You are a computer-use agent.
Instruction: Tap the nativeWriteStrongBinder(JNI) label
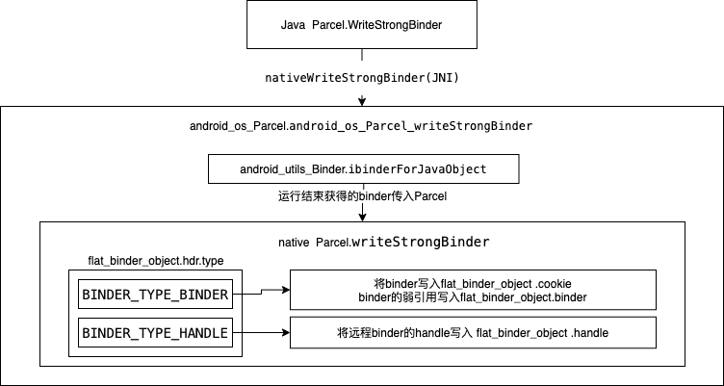click(361, 77)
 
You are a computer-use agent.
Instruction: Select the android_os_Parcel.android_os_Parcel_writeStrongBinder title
click(362, 126)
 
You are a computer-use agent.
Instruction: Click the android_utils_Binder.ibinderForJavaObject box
click(362, 169)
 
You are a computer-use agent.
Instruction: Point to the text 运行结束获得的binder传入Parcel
click(362, 196)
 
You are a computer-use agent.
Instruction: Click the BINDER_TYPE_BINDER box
click(155, 295)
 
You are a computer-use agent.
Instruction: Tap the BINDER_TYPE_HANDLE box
click(155, 333)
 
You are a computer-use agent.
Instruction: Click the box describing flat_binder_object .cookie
click(473, 291)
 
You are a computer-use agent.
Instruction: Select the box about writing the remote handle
click(473, 333)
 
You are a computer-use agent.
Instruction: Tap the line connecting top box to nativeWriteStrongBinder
click(362, 58)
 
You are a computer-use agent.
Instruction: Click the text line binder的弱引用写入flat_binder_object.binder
click(473, 298)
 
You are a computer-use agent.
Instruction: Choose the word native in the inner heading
click(294, 241)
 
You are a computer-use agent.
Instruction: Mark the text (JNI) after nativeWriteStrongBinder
click(440, 77)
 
